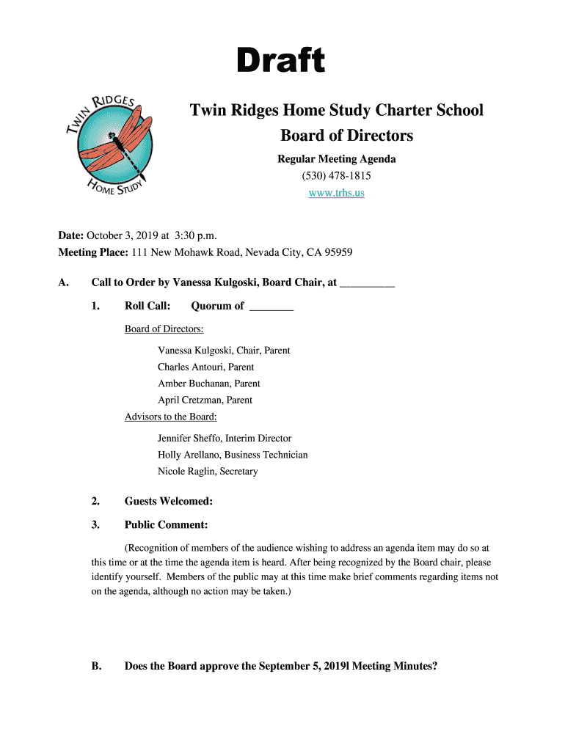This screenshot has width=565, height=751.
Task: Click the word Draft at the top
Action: (281, 62)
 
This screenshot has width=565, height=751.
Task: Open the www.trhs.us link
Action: (336, 193)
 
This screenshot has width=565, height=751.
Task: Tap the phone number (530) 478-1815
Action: (336, 176)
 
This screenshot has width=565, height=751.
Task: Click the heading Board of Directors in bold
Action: (336, 136)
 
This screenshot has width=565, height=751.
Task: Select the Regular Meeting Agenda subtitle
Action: (336, 159)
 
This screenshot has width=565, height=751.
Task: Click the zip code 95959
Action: (336, 252)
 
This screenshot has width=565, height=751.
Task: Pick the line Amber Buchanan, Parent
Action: (208, 384)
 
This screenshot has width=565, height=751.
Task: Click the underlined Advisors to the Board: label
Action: (170, 417)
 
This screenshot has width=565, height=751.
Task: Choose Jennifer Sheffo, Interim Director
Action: (224, 439)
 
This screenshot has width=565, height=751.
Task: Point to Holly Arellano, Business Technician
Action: (232, 455)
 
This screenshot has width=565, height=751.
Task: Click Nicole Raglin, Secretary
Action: (208, 472)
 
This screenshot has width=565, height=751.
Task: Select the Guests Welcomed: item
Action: (169, 502)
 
